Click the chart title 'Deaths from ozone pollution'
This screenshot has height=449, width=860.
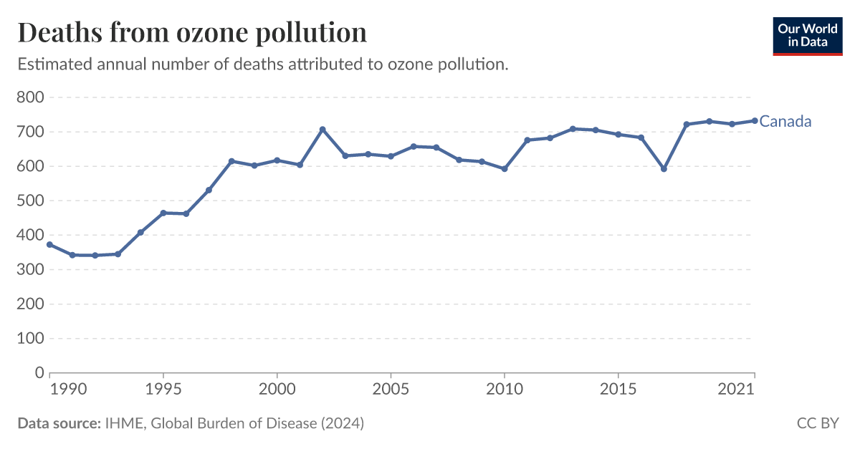click(192, 33)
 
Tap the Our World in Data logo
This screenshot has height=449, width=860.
click(807, 35)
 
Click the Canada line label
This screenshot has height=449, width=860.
click(785, 121)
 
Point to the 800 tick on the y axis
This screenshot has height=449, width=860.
click(29, 97)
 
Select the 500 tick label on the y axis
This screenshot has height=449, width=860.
click(29, 201)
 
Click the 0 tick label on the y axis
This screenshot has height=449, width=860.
click(39, 373)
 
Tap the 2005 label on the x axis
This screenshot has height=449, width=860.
click(391, 391)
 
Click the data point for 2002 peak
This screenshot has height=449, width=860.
click(322, 130)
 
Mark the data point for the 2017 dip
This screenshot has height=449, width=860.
click(664, 169)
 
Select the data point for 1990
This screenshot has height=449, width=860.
click(49, 245)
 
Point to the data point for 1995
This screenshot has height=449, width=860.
click(163, 213)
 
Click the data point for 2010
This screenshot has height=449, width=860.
click(505, 169)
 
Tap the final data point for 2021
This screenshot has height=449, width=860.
click(755, 120)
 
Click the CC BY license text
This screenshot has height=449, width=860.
click(817, 423)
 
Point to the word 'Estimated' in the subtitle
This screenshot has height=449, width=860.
click(51, 64)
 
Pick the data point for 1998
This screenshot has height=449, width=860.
click(231, 161)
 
